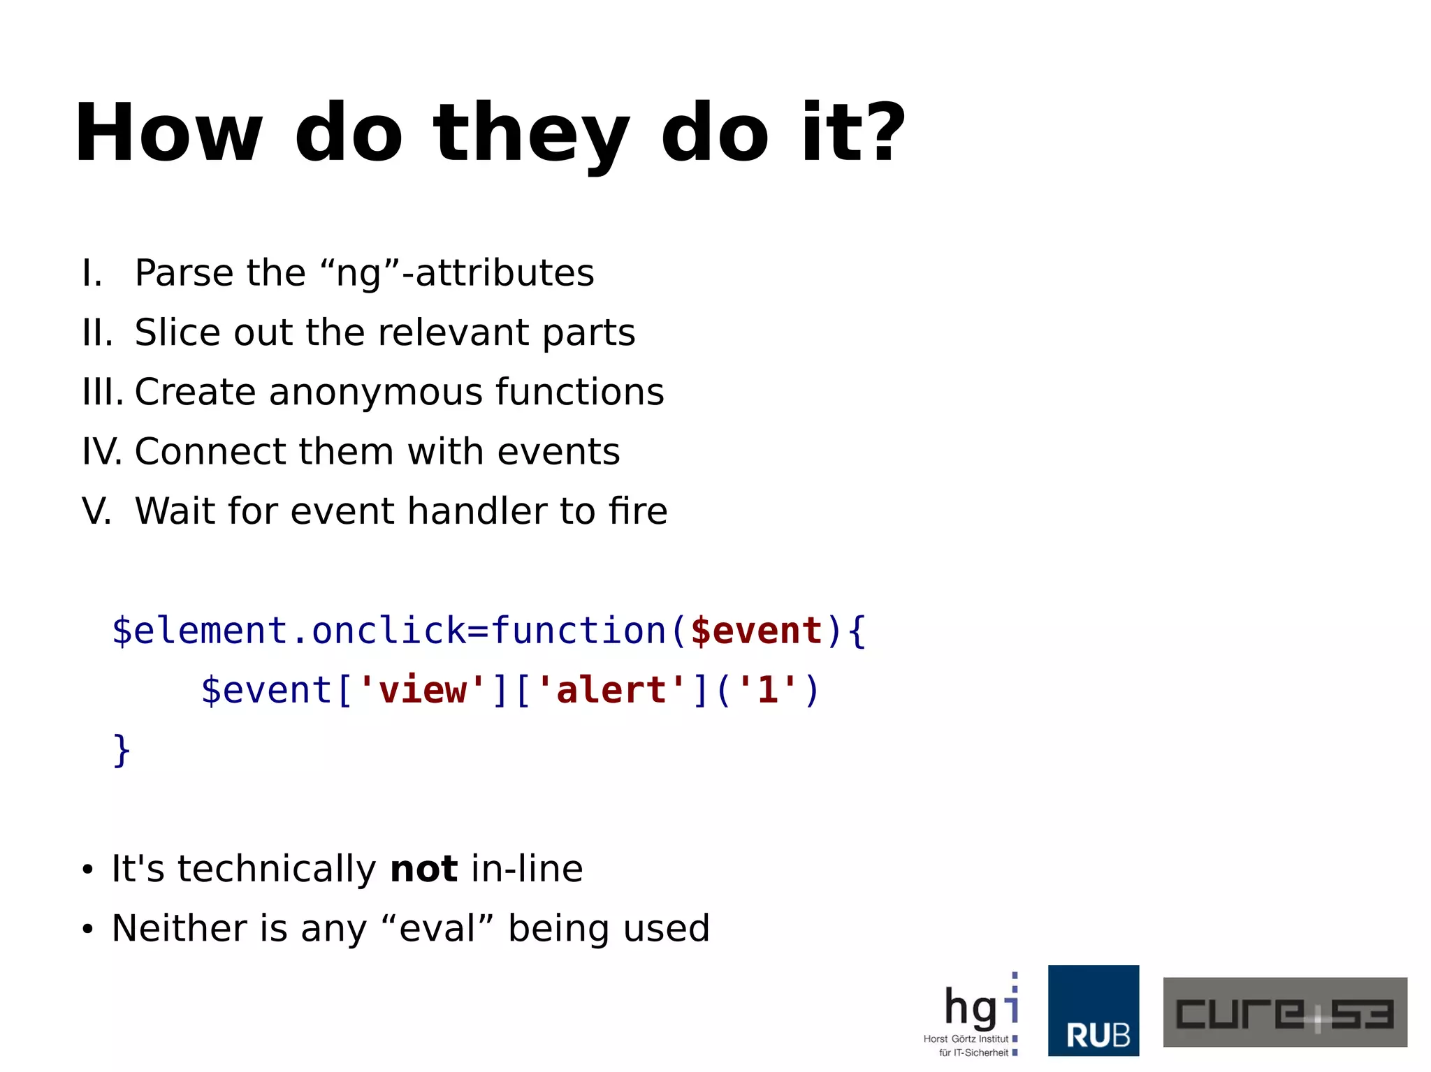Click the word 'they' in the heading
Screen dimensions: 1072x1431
click(531, 134)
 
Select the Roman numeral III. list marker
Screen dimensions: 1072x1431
click(102, 392)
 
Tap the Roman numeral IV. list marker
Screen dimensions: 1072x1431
click(102, 451)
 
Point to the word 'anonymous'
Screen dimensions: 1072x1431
click(376, 392)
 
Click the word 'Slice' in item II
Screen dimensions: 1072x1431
click(177, 332)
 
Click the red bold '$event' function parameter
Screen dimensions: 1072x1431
click(755, 631)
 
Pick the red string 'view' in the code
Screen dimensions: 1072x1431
click(421, 690)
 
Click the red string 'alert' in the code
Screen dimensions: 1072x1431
click(611, 690)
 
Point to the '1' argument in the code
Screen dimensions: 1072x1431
click(767, 690)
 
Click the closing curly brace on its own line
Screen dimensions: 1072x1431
click(122, 750)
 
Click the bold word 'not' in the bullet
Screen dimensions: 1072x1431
click(423, 869)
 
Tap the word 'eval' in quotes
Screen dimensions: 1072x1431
click(437, 929)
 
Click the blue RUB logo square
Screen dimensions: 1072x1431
click(1093, 1010)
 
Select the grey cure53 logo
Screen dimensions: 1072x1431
click(1284, 1012)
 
